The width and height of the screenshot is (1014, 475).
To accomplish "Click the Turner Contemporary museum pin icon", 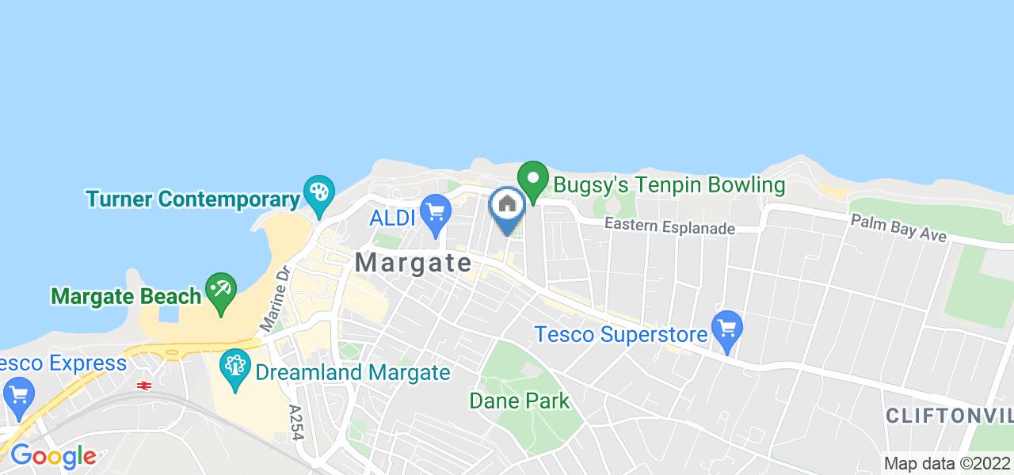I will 318,192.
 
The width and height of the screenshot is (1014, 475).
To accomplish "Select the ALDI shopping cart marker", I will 435,212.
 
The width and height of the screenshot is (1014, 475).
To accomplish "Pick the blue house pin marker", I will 507,206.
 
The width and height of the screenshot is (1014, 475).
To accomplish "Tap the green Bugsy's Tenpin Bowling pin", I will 534,178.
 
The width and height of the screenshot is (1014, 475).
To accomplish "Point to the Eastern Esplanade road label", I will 669,227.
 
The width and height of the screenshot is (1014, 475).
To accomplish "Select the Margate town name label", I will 414,263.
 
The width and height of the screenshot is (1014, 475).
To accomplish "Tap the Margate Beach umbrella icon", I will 220,290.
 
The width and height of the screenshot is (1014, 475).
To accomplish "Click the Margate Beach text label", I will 126,296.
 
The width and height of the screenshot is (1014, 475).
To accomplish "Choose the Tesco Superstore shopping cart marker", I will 726,326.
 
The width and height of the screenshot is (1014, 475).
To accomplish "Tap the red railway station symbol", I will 144,386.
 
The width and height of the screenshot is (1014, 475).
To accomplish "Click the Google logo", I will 53,456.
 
